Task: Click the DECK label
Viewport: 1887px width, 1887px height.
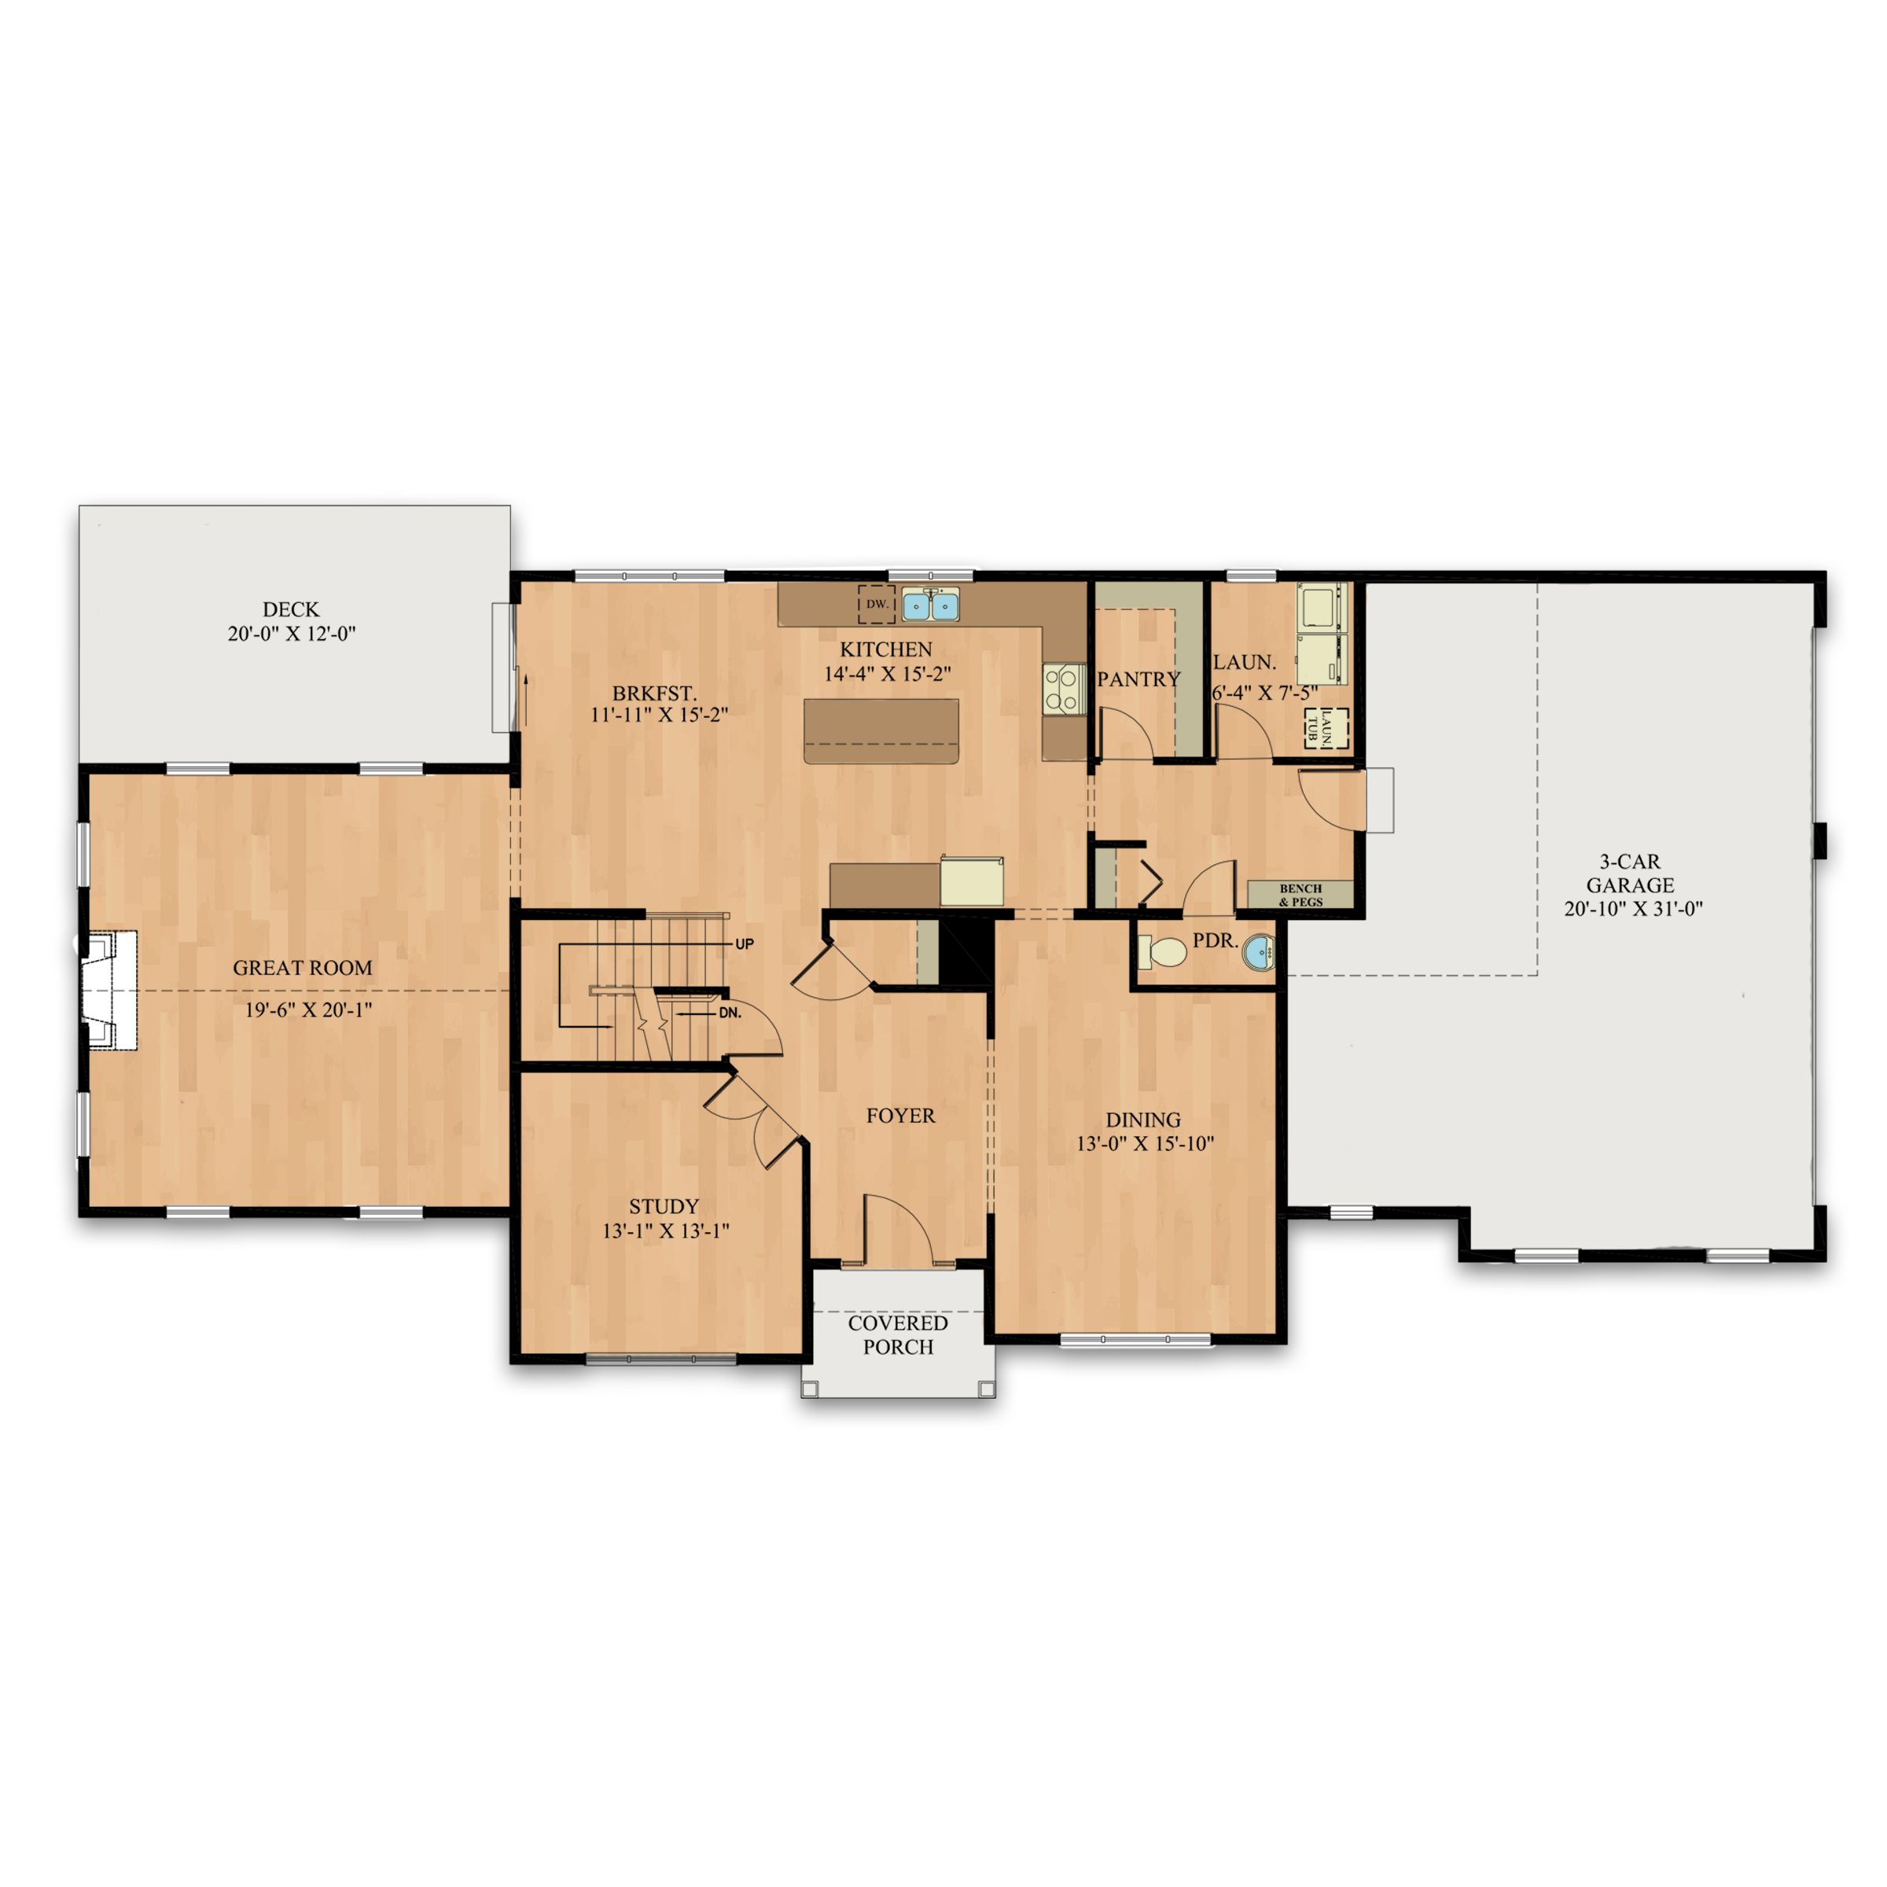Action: click(290, 609)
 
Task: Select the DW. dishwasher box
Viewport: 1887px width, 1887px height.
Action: click(876, 605)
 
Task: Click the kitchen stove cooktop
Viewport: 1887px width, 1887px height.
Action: click(1064, 689)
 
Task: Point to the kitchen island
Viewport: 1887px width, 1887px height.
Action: click(881, 730)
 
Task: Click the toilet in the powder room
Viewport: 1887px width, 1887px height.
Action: click(1162, 951)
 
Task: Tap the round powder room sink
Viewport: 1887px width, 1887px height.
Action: click(1258, 952)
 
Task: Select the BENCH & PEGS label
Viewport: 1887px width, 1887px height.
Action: click(1300, 895)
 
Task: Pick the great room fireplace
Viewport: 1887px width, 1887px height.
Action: click(109, 991)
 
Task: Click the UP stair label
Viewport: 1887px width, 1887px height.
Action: click(745, 944)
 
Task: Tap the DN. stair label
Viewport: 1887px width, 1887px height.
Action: click(730, 1013)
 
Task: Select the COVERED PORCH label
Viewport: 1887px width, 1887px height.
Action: click(898, 1335)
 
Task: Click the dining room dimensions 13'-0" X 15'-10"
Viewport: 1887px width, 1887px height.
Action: click(1145, 1144)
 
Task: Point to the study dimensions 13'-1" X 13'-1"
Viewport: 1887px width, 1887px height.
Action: click(665, 1230)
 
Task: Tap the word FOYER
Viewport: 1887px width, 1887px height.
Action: click(899, 1116)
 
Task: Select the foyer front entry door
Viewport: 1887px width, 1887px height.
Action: click(899, 1233)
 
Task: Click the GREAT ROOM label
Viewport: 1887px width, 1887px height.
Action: click(302, 968)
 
